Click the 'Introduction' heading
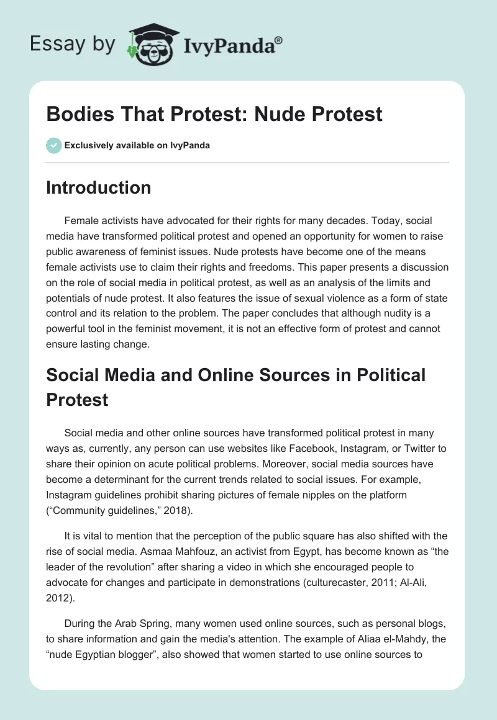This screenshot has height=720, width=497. pyautogui.click(x=98, y=187)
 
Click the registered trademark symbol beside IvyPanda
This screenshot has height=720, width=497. pyautogui.click(x=279, y=39)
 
